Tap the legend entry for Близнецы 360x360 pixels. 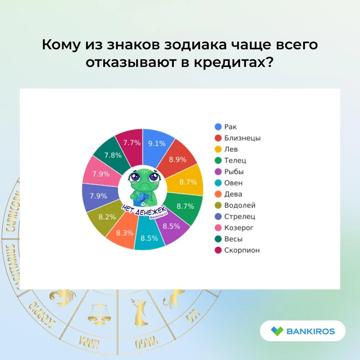(237, 138)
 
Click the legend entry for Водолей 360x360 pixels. (235, 205)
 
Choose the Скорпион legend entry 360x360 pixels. (237, 250)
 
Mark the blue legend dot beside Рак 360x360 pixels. (218, 127)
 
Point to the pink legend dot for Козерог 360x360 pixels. (218, 228)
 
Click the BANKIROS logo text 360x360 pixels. (311, 331)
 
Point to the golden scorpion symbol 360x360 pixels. (62, 297)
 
